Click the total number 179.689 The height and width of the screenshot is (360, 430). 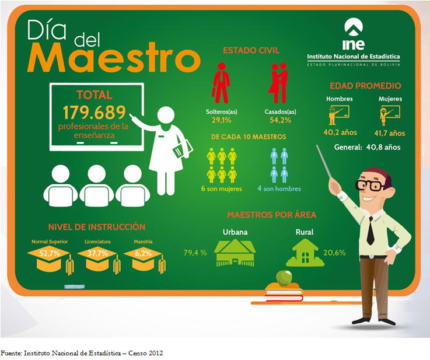pyautogui.click(x=94, y=112)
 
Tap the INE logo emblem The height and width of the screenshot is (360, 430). pyautogui.click(x=354, y=27)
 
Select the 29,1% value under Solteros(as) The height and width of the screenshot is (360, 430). pyautogui.click(x=221, y=120)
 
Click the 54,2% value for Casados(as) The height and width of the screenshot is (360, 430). pyautogui.click(x=280, y=120)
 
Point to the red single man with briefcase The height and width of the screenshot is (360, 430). pyautogui.click(x=221, y=83)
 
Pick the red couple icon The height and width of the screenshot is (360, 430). pyautogui.click(x=278, y=83)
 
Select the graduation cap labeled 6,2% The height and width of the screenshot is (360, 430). pyautogui.click(x=145, y=260)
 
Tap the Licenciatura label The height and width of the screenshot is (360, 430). pyautogui.click(x=97, y=242)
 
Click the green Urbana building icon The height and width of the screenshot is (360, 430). pyautogui.click(x=235, y=253)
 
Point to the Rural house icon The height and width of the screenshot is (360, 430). pyautogui.click(x=305, y=253)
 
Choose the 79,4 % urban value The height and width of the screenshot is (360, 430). pyautogui.click(x=195, y=253)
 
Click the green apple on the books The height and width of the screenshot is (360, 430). pyautogui.click(x=284, y=278)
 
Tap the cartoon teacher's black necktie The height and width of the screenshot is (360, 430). pyautogui.click(x=370, y=230)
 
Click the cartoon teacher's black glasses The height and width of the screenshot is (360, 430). pyautogui.click(x=370, y=186)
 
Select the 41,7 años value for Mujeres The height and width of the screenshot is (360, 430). pyautogui.click(x=389, y=133)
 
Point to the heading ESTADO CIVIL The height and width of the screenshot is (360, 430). pyautogui.click(x=251, y=50)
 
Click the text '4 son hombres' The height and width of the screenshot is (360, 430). pyautogui.click(x=279, y=188)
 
